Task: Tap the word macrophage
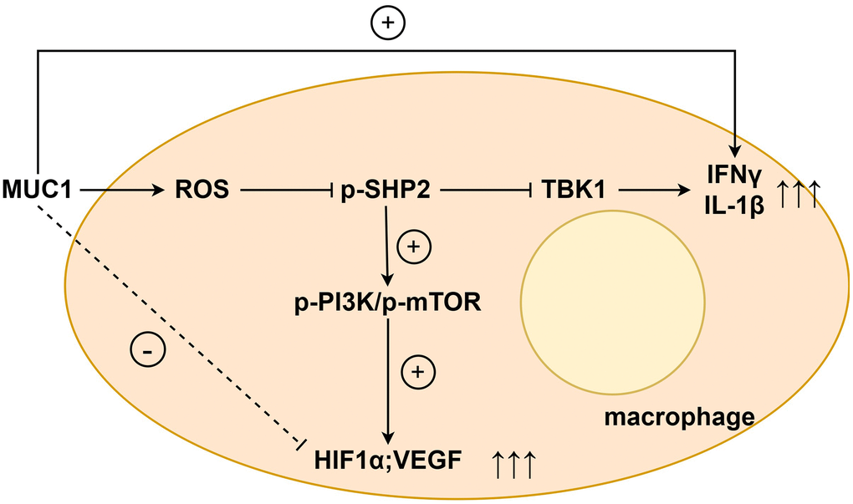click(681, 415)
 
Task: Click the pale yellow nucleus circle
click(603, 293)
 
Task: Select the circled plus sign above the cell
click(386, 24)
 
